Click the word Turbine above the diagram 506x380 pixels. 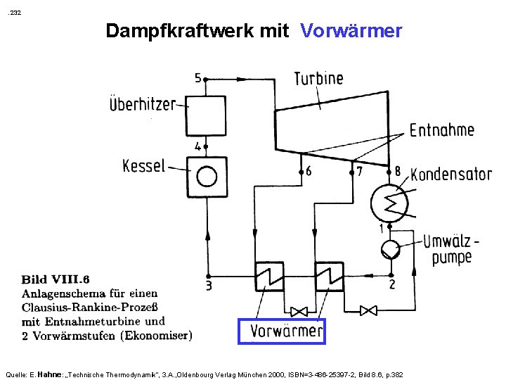[318, 78]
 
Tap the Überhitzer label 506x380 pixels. [142, 104]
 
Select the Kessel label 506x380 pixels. [143, 167]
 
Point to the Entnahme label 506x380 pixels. [441, 130]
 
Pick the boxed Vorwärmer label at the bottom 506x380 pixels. [281, 330]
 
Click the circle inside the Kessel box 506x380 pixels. [207, 175]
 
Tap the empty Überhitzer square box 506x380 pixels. [207, 116]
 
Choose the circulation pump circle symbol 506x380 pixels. [389, 248]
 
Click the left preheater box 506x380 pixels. [267, 275]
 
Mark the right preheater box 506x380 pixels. [328, 275]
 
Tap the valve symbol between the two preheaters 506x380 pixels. [300, 310]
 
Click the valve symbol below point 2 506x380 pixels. [368, 310]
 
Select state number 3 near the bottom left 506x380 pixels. [208, 286]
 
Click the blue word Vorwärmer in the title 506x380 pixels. [351, 31]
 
